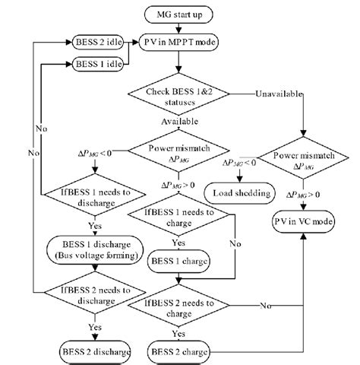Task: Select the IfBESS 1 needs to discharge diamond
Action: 90,199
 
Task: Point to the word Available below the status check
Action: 180,121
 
